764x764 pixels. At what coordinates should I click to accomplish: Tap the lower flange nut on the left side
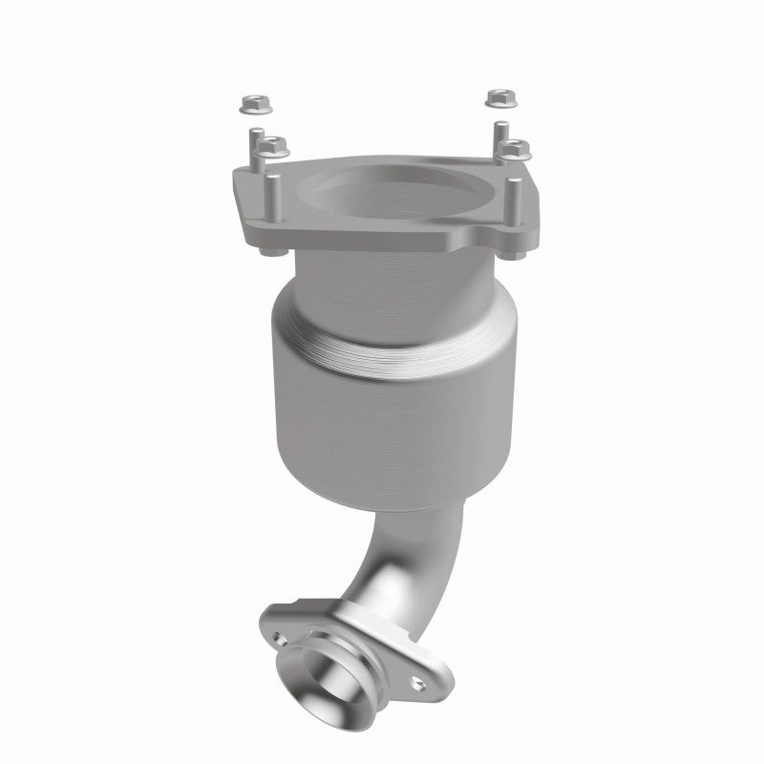(x=274, y=145)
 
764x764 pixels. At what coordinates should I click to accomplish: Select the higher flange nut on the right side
(x=497, y=97)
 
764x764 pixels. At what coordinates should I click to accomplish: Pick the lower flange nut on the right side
(x=516, y=148)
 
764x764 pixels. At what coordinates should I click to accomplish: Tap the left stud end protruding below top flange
(x=265, y=251)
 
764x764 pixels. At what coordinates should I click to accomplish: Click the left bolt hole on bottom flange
(x=278, y=632)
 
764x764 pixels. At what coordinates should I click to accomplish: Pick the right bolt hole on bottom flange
(x=417, y=681)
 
